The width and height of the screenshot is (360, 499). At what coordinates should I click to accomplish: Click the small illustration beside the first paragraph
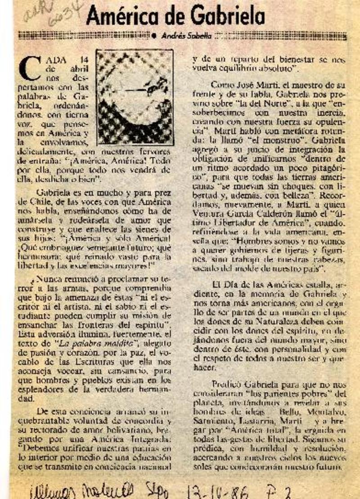click(135, 97)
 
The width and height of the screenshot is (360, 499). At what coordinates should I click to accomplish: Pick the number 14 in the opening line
click(82, 60)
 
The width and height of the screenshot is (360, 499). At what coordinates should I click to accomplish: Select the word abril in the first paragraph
click(79, 69)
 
